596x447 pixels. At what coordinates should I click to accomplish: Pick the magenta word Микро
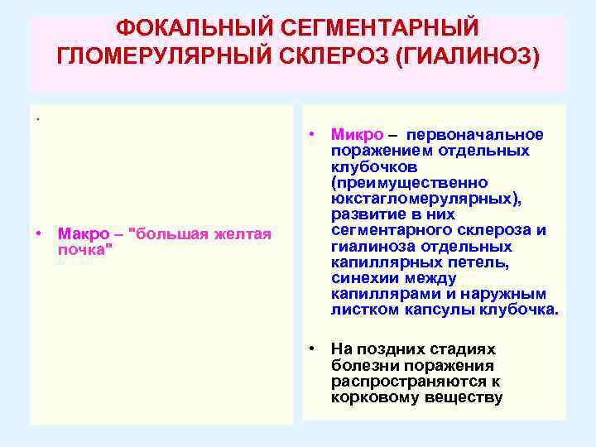point(357,135)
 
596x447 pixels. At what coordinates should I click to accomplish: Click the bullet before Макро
point(39,233)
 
